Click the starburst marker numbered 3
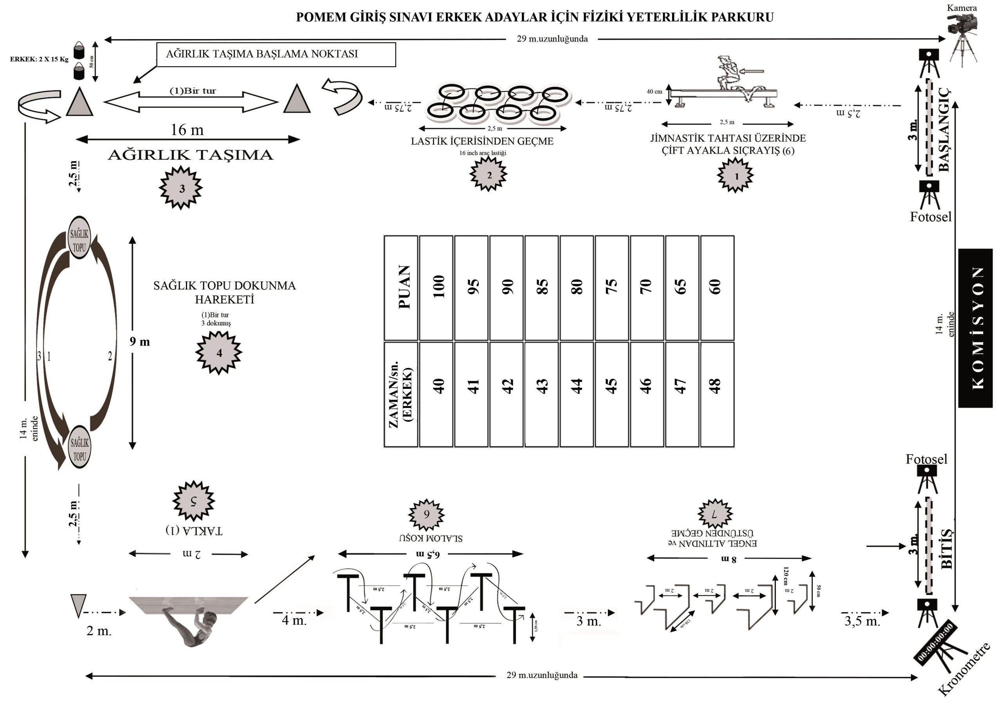click(181, 188)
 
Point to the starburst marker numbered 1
click(735, 175)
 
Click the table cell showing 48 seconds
click(717, 394)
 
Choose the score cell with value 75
click(612, 288)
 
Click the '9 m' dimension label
click(140, 341)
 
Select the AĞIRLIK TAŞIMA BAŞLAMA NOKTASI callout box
click(276, 54)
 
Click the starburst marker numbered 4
click(219, 352)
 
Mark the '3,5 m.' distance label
click(862, 621)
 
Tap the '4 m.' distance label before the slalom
click(294, 620)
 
